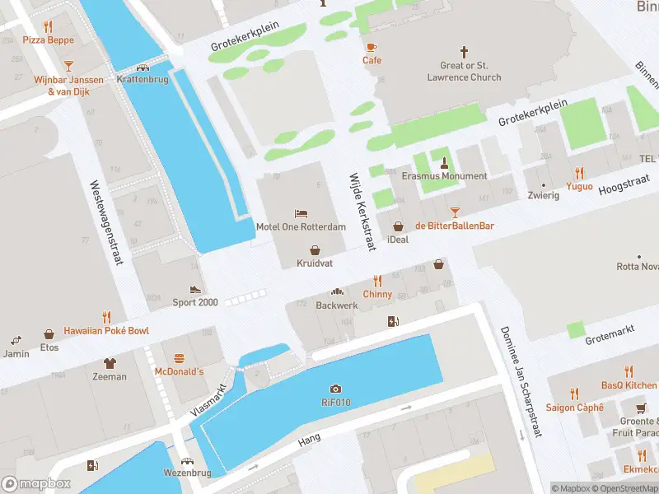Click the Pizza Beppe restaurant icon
coord(48,26)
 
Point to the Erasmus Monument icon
coord(444,162)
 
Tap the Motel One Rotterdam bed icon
coord(301,213)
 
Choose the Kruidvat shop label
coord(315,263)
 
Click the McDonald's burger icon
coord(179,358)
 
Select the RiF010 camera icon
coord(335,389)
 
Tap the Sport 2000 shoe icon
coord(195,289)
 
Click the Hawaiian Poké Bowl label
coord(106,330)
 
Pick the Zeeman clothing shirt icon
coord(110,363)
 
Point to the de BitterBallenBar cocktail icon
coord(454,212)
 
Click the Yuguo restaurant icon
coord(579,173)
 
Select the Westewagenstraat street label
coord(107,222)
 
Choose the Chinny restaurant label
coord(378,294)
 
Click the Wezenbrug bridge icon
coord(187,461)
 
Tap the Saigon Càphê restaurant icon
coord(574,394)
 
